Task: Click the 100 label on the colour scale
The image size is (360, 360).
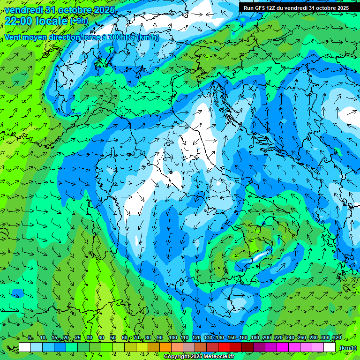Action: (x=172, y=337)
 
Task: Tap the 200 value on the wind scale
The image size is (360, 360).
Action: (x=267, y=337)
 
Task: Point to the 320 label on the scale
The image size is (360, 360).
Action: (x=337, y=337)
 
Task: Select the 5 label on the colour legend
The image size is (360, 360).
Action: (x=30, y=337)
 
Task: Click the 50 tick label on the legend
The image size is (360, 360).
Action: (x=113, y=337)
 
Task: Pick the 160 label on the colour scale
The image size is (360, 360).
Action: (x=243, y=337)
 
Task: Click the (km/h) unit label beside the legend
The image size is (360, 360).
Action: (x=347, y=348)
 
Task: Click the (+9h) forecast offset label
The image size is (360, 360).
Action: (x=79, y=21)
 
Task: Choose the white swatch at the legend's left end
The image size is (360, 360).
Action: (x=25, y=347)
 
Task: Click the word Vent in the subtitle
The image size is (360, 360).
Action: (x=13, y=37)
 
